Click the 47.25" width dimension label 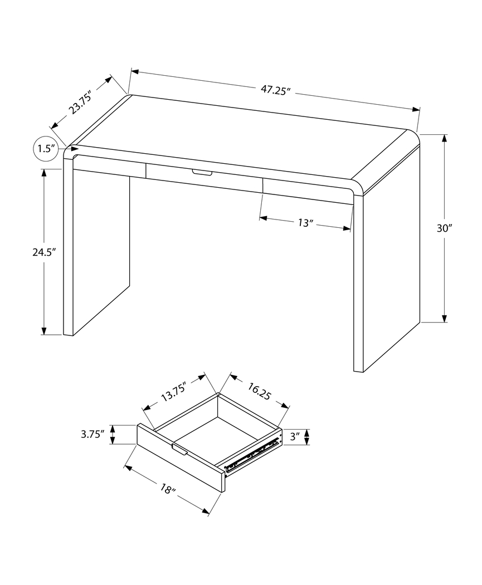(276, 90)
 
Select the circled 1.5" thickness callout (46, 149)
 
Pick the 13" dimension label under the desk (305, 223)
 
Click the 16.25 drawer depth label (257, 391)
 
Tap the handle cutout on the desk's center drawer (202, 173)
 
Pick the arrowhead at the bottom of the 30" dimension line (445, 318)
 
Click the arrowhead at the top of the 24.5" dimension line (44, 172)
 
